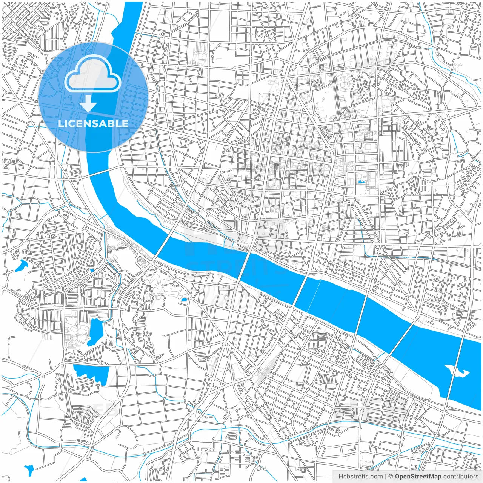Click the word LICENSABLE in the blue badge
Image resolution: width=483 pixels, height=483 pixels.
pyautogui.click(x=93, y=124)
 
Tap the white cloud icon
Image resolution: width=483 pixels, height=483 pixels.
pyautogui.click(x=93, y=74)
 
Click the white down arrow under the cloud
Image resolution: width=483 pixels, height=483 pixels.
pyautogui.click(x=88, y=104)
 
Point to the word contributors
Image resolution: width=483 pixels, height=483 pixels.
pyautogui.click(x=460, y=477)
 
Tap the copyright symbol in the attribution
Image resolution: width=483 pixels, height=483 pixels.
pyautogui.click(x=391, y=477)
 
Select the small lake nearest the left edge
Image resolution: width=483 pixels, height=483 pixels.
pyautogui.click(x=21, y=266)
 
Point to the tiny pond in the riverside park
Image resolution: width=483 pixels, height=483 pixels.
pyautogui.click(x=184, y=300)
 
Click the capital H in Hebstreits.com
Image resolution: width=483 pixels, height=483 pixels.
pyautogui.click(x=341, y=477)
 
